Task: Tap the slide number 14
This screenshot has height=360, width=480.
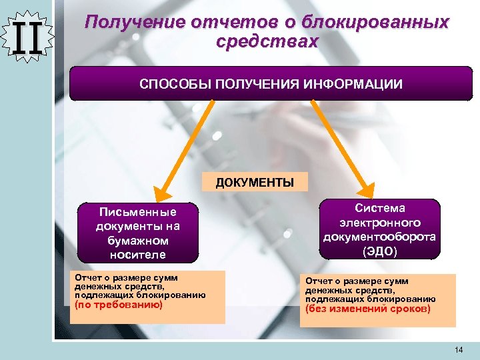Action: [457, 350]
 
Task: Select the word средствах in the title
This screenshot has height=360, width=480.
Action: [267, 41]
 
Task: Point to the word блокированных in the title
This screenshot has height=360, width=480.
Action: [389, 23]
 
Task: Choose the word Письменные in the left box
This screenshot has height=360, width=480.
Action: [138, 212]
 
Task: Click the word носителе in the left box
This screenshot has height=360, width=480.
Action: [138, 254]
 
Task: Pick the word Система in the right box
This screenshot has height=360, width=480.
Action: [379, 209]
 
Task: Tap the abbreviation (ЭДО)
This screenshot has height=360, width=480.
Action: [379, 251]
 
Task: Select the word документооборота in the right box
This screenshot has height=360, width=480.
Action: [379, 237]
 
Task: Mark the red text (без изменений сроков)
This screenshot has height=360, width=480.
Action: [368, 309]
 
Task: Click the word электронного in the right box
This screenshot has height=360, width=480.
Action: [379, 223]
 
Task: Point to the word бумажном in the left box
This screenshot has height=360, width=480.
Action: [138, 240]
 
